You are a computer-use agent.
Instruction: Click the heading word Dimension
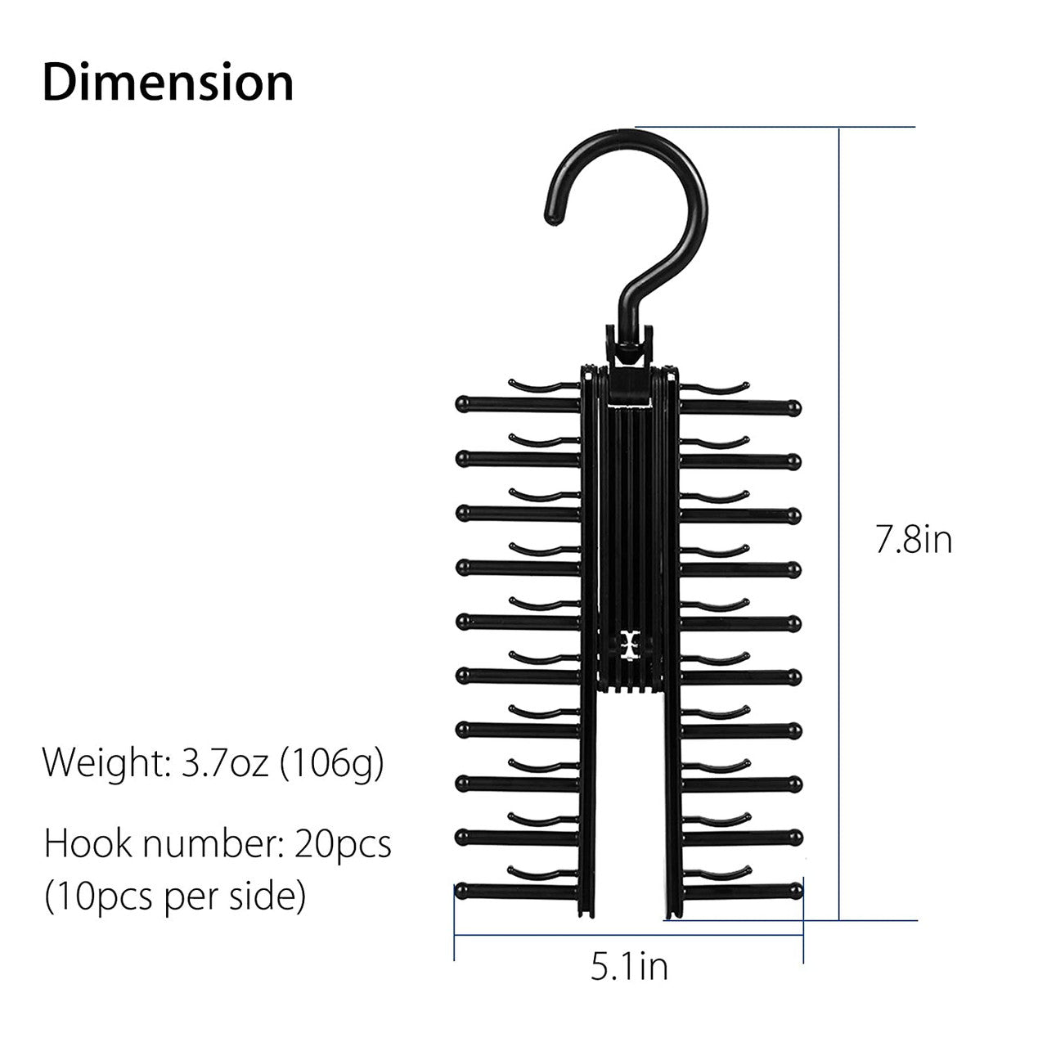168,83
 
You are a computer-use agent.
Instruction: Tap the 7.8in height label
914,541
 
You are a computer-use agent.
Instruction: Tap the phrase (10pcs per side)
175,897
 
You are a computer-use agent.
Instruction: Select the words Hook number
156,844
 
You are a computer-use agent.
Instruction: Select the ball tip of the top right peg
793,407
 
